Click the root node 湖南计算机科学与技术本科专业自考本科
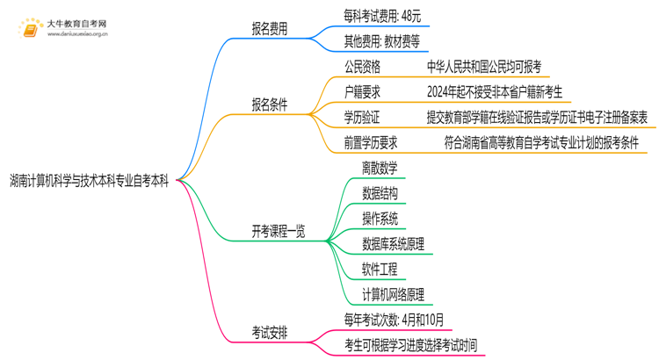coord(91,181)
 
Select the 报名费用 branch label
coord(270,27)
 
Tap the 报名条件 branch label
coord(270,104)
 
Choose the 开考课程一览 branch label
coord(279,232)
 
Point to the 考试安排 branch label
coord(270,332)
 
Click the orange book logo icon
coord(26,30)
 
